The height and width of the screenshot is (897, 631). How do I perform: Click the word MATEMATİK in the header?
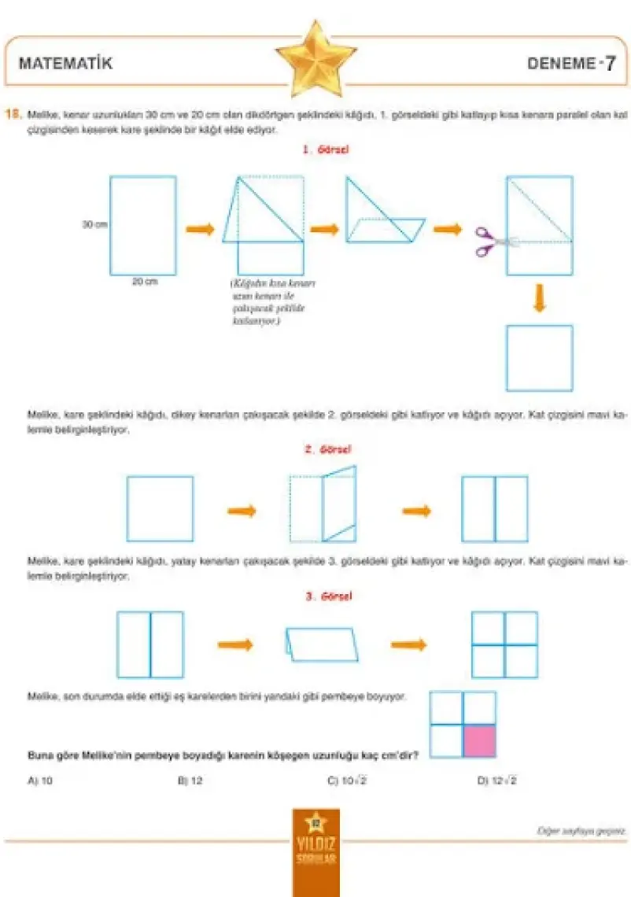[x=65, y=65]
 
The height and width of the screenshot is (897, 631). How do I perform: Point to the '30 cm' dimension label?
[x=94, y=224]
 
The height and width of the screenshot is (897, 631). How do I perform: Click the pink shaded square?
[x=479, y=741]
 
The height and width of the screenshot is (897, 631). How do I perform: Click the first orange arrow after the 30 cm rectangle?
[x=200, y=229]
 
